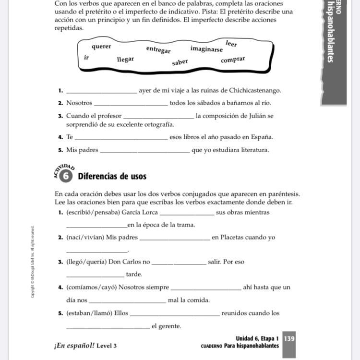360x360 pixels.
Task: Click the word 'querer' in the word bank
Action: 101,47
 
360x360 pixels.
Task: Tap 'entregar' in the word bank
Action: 158,49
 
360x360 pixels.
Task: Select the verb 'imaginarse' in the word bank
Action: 206,49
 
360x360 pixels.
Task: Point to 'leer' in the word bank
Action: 231,43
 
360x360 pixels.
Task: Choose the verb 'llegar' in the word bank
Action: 125,60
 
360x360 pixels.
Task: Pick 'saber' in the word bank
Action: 180,62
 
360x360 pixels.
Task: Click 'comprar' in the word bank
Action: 233,60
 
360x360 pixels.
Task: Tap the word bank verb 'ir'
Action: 86,57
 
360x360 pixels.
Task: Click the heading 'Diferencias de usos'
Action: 112,176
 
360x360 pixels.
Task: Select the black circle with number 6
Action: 66,176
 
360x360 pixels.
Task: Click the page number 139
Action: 289,338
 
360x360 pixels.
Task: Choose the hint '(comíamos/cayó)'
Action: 92,288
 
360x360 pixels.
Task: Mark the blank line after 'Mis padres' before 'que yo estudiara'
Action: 144,152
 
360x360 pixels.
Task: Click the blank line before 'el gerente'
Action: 108,328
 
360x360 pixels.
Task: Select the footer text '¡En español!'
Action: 74,346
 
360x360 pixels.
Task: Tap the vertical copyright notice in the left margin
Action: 33,262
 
